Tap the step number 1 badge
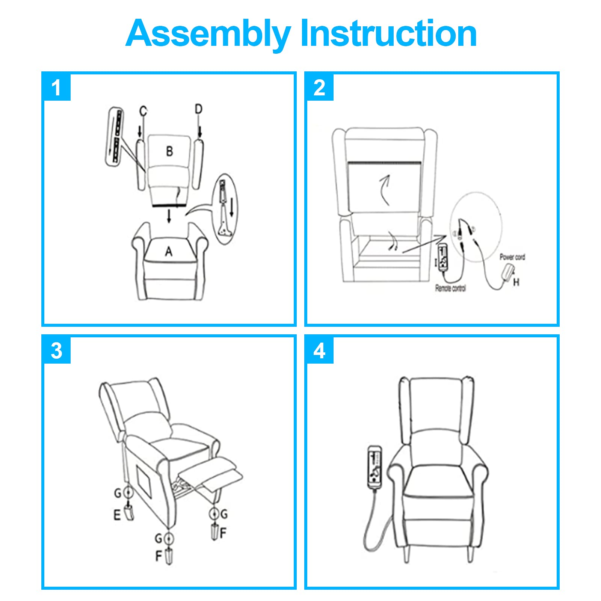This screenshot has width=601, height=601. click(56, 88)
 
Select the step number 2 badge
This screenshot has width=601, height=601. click(319, 88)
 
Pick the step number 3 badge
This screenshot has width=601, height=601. click(56, 350)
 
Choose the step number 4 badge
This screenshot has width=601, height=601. click(319, 350)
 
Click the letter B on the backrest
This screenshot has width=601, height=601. click(169, 151)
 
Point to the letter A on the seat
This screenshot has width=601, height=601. click(169, 251)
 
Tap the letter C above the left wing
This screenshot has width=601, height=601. click(143, 111)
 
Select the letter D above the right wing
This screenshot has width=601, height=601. click(198, 109)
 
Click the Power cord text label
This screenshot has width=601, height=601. click(512, 257)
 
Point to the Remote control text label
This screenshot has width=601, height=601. click(450, 288)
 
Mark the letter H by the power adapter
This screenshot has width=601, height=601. click(516, 282)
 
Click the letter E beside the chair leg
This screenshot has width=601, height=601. click(117, 515)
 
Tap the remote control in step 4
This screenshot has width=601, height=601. click(375, 468)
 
